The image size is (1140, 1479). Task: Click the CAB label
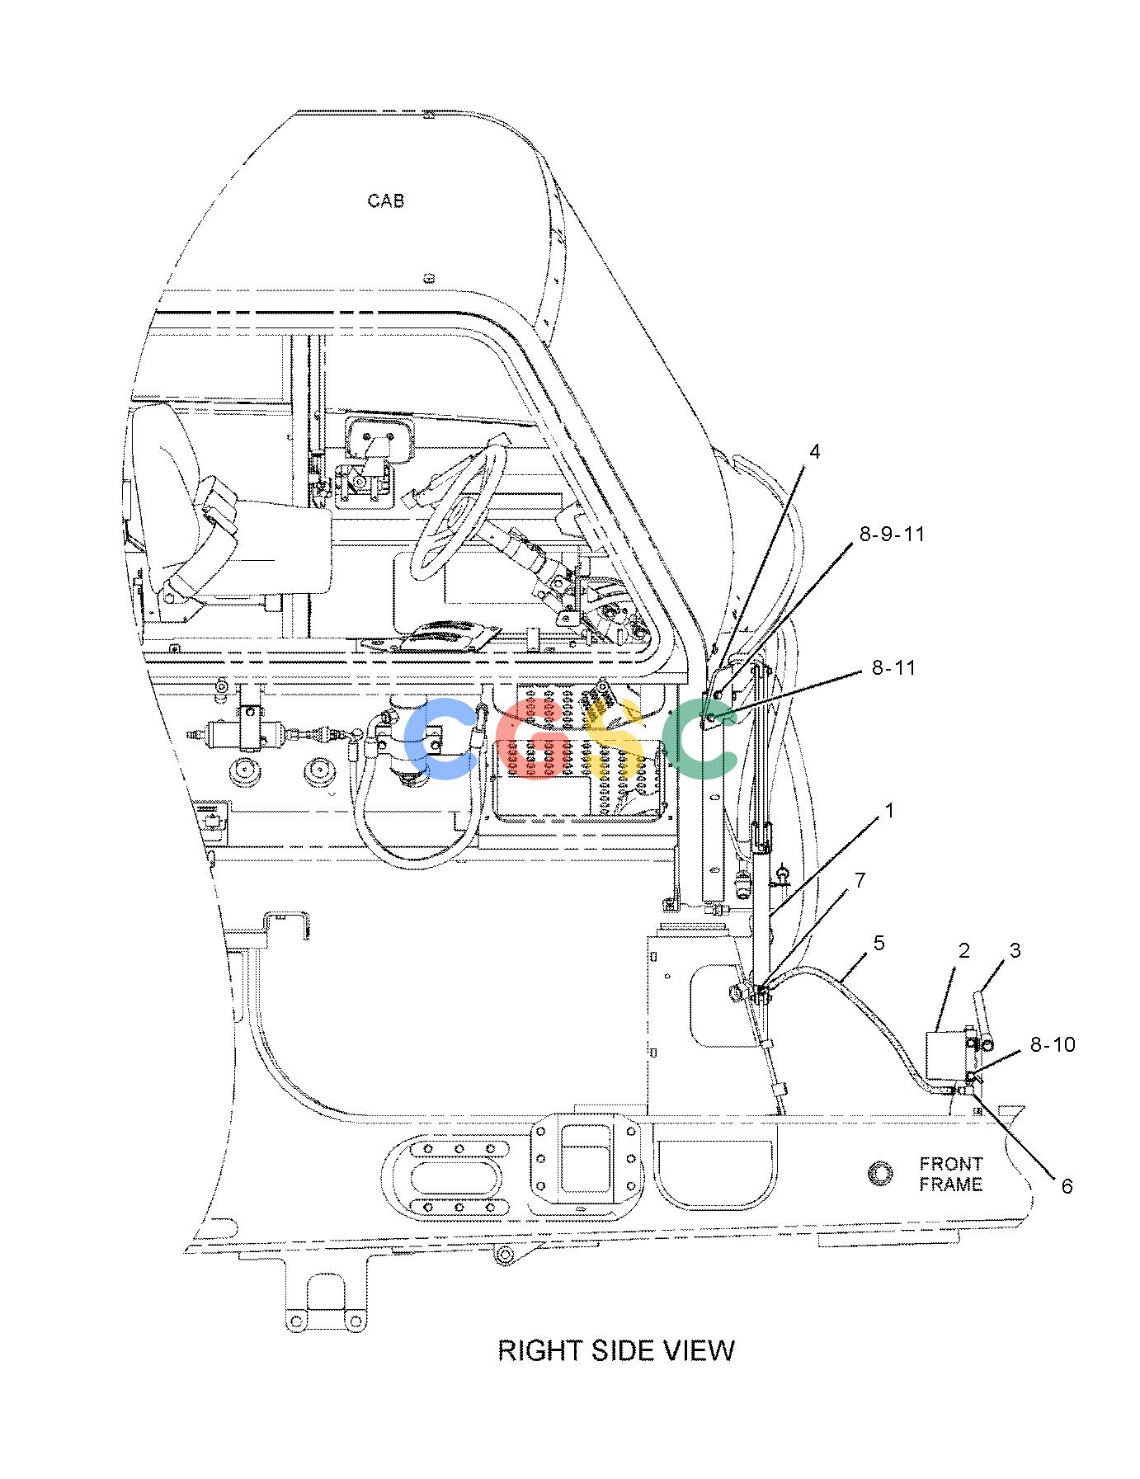[386, 200]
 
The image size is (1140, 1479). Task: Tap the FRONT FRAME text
[951, 1174]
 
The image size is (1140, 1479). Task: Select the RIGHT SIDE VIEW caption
[616, 1350]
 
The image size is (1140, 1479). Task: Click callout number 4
[815, 451]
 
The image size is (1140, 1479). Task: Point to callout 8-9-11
[893, 535]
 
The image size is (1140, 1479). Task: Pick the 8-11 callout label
[894, 667]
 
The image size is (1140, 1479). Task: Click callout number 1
[889, 811]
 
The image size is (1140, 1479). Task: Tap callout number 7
[860, 881]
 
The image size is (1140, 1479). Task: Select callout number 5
[879, 943]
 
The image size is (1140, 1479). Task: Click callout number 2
[964, 951]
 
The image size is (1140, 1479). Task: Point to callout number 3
[1015, 950]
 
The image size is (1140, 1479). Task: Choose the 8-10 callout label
[1053, 1044]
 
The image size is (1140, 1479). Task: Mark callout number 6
[1067, 1185]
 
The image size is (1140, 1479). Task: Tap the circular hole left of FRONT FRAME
[881, 1172]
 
